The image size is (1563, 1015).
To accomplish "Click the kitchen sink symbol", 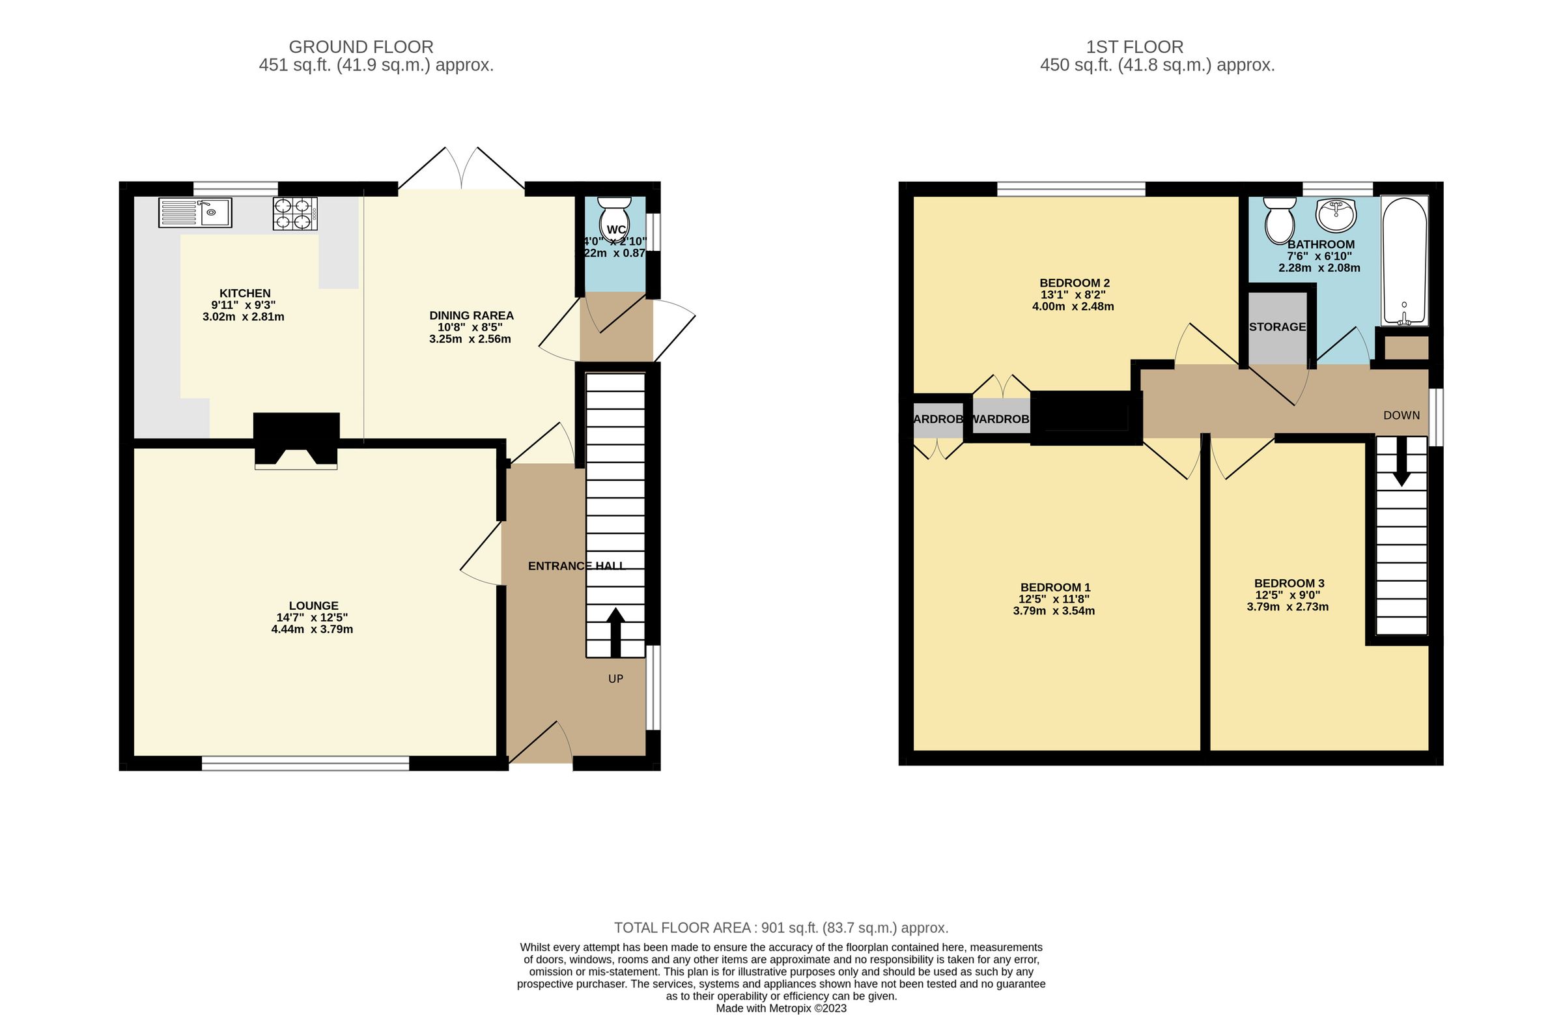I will (x=194, y=213).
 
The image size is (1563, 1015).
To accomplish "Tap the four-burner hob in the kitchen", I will (x=295, y=214).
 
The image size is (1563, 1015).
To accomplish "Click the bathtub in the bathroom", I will (x=1404, y=261).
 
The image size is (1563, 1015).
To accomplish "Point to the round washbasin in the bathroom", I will (x=1336, y=216).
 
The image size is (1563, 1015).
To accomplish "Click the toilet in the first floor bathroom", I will (x=1278, y=220).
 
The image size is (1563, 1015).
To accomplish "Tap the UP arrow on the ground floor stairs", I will (x=615, y=632).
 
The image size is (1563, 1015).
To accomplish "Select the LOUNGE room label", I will (x=313, y=606).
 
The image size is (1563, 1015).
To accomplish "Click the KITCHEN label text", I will (x=245, y=293).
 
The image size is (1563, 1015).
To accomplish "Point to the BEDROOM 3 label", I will (x=1288, y=583).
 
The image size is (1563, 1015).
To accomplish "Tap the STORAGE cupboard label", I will (x=1277, y=326).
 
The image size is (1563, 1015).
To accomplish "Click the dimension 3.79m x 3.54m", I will (x=1053, y=611).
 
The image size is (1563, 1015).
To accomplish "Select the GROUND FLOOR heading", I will (x=361, y=48).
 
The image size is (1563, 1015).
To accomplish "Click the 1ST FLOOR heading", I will (x=1134, y=48).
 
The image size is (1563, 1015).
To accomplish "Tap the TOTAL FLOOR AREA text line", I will (x=781, y=928).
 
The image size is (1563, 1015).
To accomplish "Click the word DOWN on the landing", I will (x=1401, y=415).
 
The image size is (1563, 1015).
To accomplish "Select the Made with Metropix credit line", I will (x=781, y=1008).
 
